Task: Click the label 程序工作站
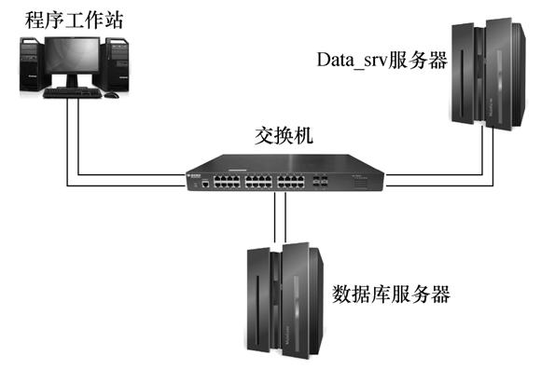(x=75, y=21)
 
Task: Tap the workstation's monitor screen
(x=73, y=55)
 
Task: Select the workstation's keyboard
(x=72, y=93)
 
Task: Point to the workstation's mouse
(x=112, y=94)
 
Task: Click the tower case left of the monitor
(x=32, y=63)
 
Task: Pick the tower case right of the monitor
(x=115, y=63)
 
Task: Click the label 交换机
(x=284, y=135)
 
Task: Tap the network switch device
(x=284, y=172)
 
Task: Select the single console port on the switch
(x=205, y=184)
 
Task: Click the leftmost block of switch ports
(x=227, y=181)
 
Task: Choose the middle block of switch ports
(x=258, y=181)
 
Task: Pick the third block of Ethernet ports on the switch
(x=291, y=181)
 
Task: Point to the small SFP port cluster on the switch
(x=320, y=181)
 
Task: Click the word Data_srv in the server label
(x=353, y=60)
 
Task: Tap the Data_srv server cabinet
(x=489, y=74)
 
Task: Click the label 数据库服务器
(x=391, y=294)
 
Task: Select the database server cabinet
(x=284, y=301)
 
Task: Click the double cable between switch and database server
(x=280, y=217)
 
